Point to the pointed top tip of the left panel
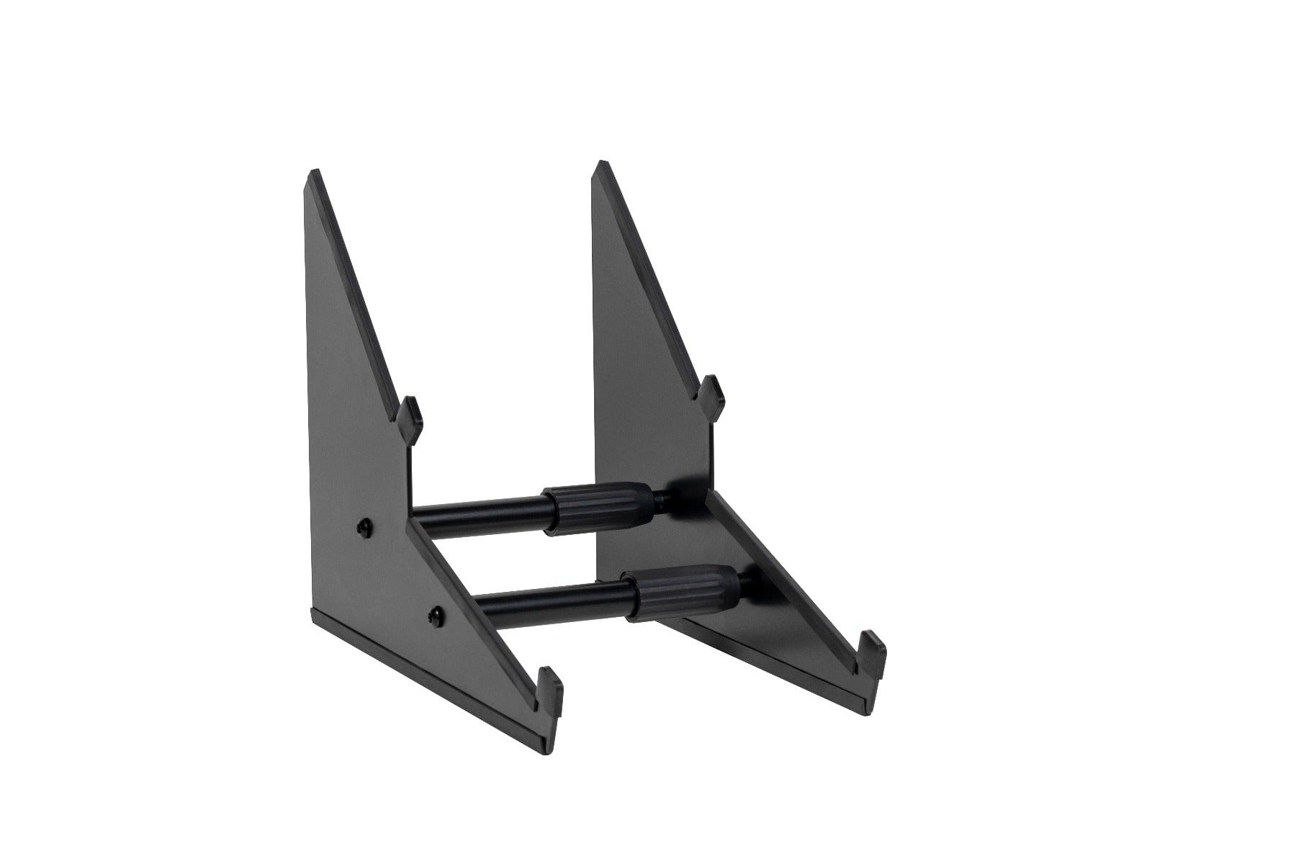coord(313,176)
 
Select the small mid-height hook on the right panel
coord(711,389)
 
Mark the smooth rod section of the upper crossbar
coord(479,518)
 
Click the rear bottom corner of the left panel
coord(311,613)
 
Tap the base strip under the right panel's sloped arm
coord(778,648)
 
